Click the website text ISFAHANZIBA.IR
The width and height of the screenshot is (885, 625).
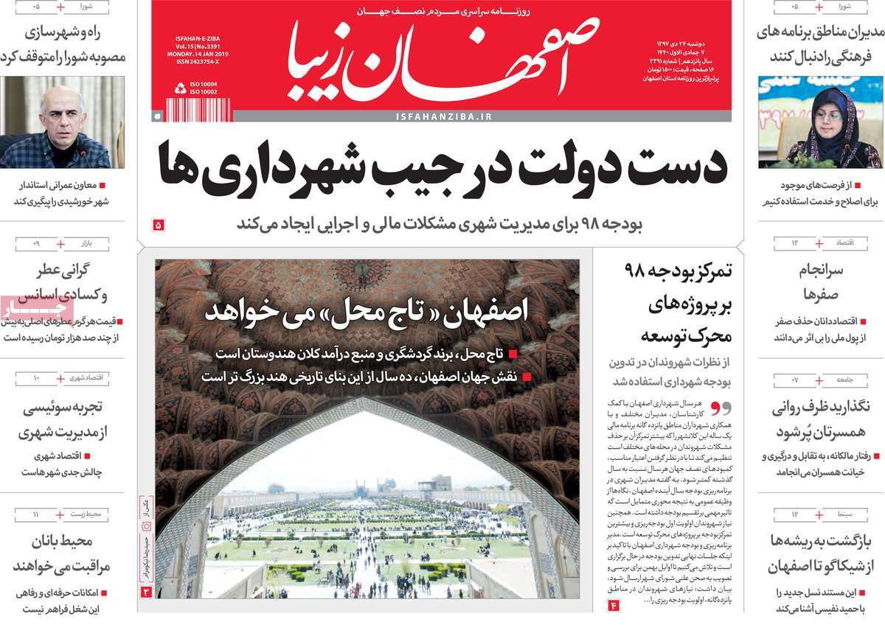[x=443, y=116]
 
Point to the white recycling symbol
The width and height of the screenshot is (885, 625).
[x=180, y=89]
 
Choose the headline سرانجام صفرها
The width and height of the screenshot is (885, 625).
[x=820, y=282]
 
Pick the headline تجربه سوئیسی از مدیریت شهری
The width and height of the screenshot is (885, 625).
[x=64, y=420]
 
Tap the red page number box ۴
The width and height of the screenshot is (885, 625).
[x=612, y=605]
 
